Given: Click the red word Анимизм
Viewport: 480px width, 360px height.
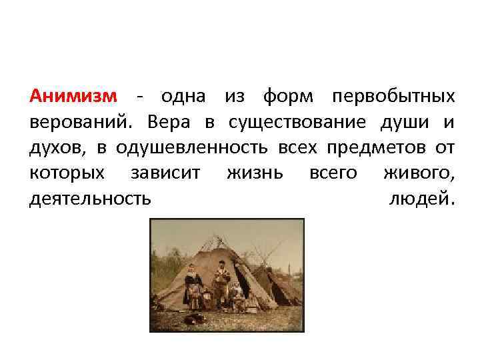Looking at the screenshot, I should pos(73,97).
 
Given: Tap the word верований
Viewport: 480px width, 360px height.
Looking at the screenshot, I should pos(79,123).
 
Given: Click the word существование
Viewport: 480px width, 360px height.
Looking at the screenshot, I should pos(297,123).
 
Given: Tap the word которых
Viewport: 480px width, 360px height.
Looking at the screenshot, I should pos(67,173).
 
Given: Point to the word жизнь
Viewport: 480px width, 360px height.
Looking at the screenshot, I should pos(255,173).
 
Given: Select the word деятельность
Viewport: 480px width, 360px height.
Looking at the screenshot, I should pos(90,199).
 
